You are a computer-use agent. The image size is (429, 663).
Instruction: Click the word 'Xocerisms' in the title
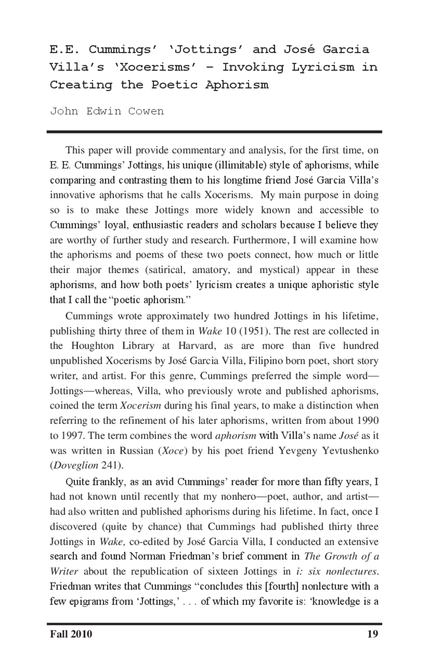[x=153, y=67]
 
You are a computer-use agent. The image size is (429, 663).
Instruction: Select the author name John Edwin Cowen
[x=107, y=111]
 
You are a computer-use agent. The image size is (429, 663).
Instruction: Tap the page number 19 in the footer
[x=373, y=634]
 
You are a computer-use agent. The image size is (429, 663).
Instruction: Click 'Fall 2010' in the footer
[x=71, y=634]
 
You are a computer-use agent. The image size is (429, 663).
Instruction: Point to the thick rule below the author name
[x=214, y=132]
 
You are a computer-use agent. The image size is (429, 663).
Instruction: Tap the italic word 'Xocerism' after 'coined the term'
[x=140, y=406]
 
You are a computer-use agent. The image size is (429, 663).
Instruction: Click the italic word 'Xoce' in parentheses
[x=173, y=450]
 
